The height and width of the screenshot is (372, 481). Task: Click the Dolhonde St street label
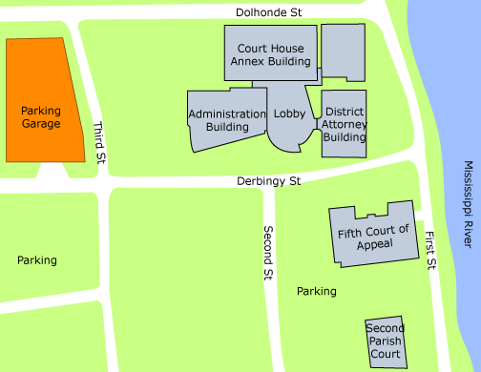tap(269, 11)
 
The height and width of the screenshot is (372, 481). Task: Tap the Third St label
tap(98, 143)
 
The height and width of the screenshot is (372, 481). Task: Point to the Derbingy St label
tap(269, 180)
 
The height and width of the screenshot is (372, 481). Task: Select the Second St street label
tap(268, 253)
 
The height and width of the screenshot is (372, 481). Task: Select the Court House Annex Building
tap(269, 53)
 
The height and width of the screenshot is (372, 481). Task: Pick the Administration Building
tap(226, 120)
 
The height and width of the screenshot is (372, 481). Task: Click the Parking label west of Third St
tap(36, 259)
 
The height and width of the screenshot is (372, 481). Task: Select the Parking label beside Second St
tap(316, 291)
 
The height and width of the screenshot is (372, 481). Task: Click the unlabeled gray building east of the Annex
tap(344, 52)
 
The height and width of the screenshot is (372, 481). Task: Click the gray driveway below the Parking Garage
tap(52, 175)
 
